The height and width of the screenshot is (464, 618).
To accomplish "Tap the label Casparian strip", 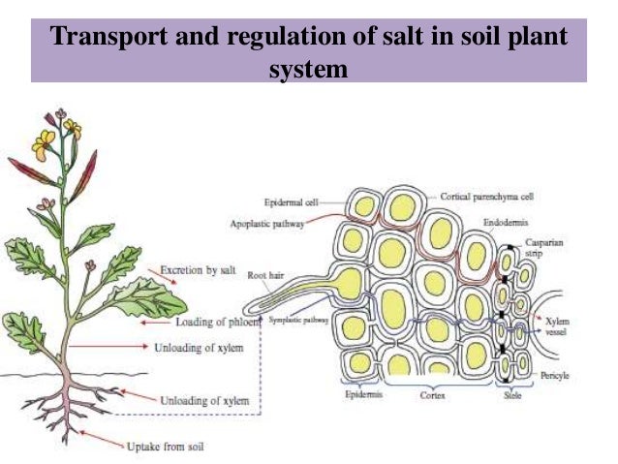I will tap(541, 246).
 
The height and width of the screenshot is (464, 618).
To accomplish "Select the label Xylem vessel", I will tap(560, 325).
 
